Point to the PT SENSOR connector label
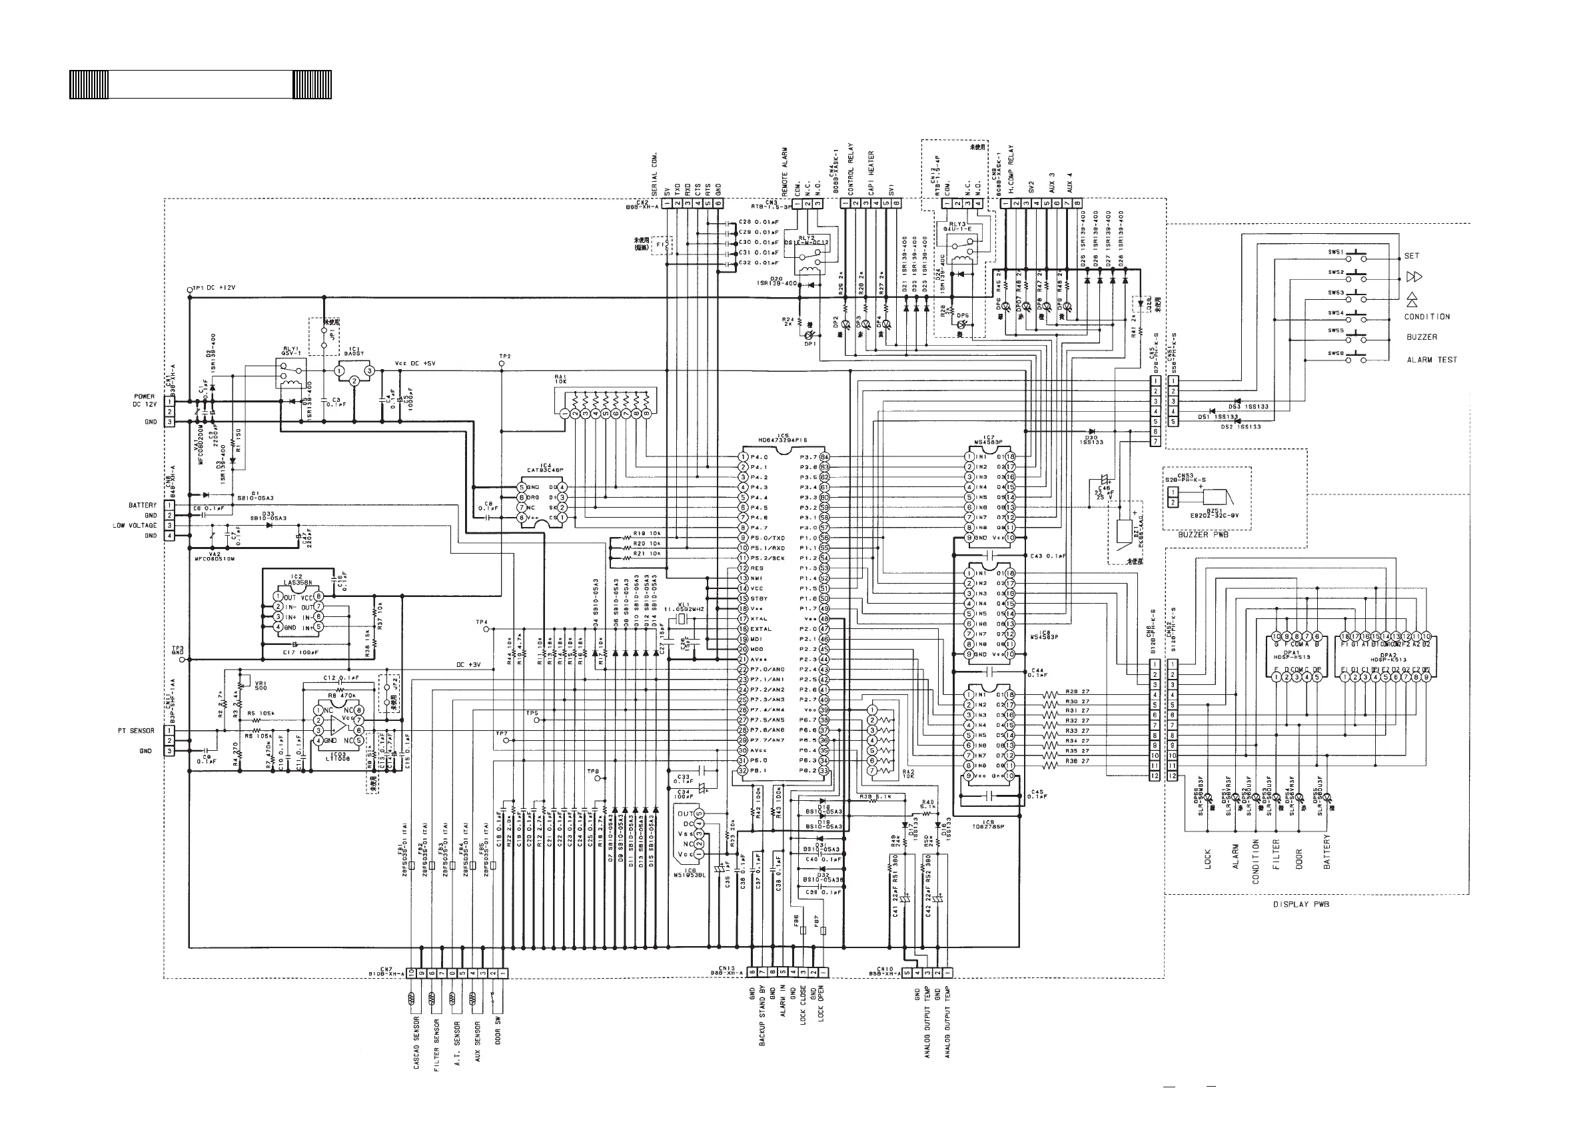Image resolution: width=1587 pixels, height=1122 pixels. click(x=137, y=731)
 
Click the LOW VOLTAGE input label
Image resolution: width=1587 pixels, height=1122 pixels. click(x=135, y=526)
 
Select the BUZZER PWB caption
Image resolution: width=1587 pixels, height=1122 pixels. click(x=1203, y=534)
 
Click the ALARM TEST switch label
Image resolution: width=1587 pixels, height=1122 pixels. click(x=1432, y=360)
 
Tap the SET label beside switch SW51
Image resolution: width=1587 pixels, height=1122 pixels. click(x=1411, y=256)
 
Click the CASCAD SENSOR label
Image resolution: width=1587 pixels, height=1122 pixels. click(x=417, y=1042)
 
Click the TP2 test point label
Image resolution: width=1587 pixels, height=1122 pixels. click(x=504, y=356)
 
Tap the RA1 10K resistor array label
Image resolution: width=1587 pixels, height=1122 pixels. click(x=560, y=380)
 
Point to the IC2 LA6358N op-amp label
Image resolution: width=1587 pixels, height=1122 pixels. click(x=293, y=580)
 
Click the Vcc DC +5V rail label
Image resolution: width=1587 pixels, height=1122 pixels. click(x=416, y=364)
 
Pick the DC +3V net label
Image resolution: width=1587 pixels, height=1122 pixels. click(x=468, y=665)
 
